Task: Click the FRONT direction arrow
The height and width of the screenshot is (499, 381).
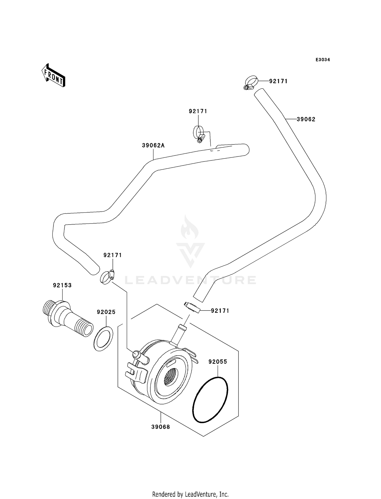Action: (54, 76)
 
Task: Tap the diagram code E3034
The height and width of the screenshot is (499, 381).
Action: (323, 60)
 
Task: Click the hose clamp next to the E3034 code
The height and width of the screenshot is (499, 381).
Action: (251, 83)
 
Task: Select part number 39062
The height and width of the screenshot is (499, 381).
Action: (306, 119)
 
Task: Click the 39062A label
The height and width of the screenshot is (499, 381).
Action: (153, 145)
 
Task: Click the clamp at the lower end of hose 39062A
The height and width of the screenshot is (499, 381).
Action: (107, 277)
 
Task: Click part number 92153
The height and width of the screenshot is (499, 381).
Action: (62, 285)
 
